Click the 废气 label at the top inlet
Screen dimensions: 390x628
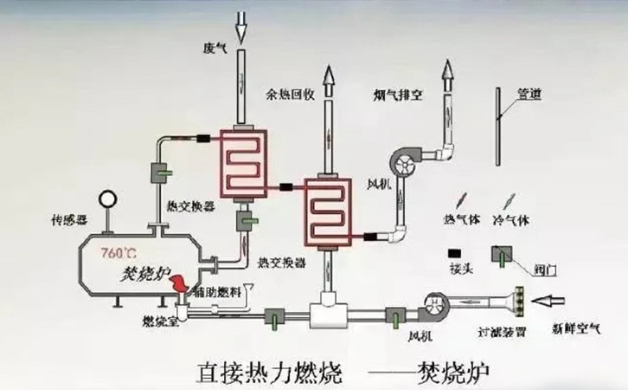point(214,49)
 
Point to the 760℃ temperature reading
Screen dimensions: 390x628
point(119,253)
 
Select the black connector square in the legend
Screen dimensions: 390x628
point(453,253)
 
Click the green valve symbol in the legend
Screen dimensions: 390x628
point(499,254)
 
